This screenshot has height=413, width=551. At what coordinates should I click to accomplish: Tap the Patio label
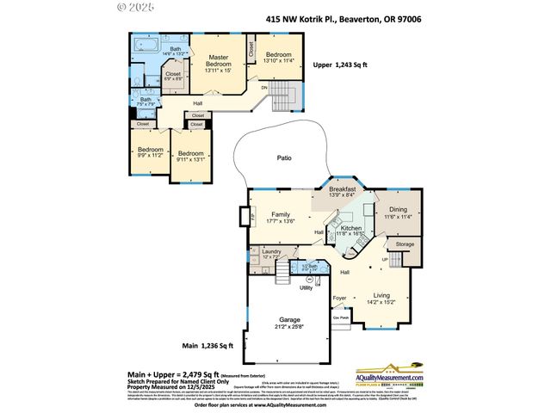tap(283, 158)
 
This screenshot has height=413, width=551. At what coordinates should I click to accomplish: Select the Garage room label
tap(288, 320)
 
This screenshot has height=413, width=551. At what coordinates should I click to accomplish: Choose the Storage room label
tap(405, 245)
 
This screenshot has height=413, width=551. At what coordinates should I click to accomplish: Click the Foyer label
tap(340, 299)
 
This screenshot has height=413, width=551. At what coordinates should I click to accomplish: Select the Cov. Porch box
tap(341, 317)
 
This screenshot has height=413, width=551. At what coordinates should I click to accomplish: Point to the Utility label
tap(306, 287)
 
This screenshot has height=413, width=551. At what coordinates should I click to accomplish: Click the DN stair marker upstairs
tap(264, 88)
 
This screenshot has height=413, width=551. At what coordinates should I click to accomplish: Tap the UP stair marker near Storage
tap(396, 257)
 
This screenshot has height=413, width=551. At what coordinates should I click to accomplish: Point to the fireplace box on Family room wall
tap(245, 216)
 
